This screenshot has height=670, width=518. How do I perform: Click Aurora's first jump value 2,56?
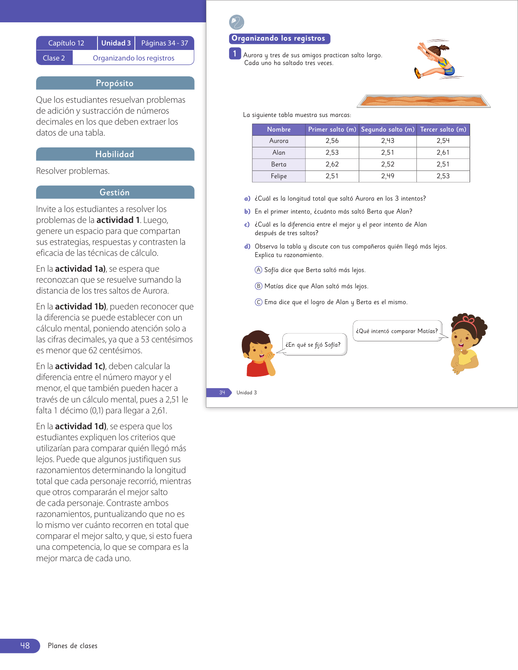click(332, 141)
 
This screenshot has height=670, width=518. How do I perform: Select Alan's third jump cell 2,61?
click(443, 153)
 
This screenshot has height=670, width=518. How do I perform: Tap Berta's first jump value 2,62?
click(332, 164)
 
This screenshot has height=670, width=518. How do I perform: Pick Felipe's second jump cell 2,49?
click(388, 176)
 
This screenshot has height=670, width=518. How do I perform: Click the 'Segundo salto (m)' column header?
click(388, 130)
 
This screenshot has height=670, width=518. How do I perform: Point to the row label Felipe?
click(279, 176)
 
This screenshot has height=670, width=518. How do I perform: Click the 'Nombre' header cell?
click(279, 130)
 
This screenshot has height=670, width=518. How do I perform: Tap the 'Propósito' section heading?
click(115, 83)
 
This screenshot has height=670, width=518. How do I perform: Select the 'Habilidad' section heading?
click(115, 154)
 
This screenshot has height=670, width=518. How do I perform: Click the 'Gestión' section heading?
click(115, 192)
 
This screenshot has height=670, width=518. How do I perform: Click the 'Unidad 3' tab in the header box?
click(116, 43)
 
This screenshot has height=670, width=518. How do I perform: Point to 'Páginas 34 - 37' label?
click(165, 43)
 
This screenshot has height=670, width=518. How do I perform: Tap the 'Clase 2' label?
click(54, 58)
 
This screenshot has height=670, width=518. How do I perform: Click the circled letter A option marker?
click(258, 270)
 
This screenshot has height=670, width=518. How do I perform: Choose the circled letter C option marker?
click(258, 302)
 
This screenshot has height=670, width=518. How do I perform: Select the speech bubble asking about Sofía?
click(314, 345)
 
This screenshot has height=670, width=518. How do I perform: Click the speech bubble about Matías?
click(397, 331)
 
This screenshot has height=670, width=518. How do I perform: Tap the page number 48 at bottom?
click(25, 646)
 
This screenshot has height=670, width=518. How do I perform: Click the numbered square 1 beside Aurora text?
click(235, 54)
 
